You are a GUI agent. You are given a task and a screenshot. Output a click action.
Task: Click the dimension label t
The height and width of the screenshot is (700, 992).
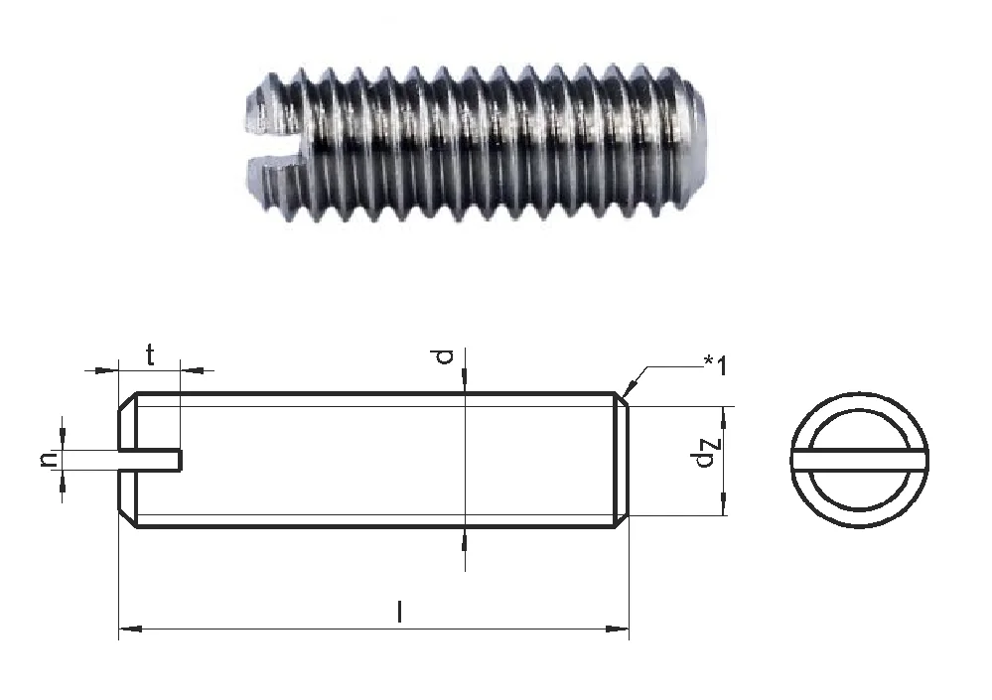(x=150, y=355)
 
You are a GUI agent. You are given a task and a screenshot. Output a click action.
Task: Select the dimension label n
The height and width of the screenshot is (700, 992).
(x=48, y=460)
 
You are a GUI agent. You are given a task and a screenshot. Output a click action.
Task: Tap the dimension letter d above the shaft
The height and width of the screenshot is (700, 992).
(x=446, y=357)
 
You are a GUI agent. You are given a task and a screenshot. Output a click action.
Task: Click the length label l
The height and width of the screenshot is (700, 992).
(x=399, y=612)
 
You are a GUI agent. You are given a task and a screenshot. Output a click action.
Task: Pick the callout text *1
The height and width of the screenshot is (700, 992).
(x=716, y=364)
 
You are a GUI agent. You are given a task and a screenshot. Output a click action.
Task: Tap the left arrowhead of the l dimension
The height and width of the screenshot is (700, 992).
(x=130, y=629)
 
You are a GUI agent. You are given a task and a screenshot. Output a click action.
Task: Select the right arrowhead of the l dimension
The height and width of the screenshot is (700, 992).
(x=618, y=629)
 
